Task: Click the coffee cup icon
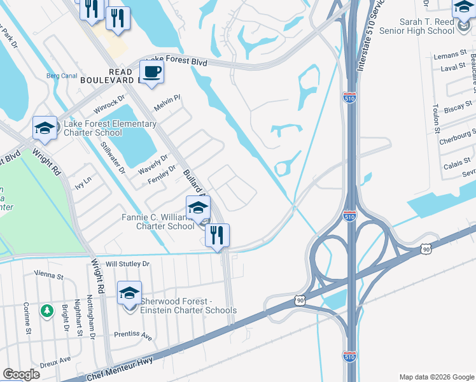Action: tap(151, 71)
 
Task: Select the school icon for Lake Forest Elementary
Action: tap(45, 128)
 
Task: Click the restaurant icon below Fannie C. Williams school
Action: tap(217, 235)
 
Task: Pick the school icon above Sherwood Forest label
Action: tap(129, 293)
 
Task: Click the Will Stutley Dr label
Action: tap(127, 264)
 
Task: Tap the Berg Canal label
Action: tap(61, 76)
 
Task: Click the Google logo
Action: tap(20, 374)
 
